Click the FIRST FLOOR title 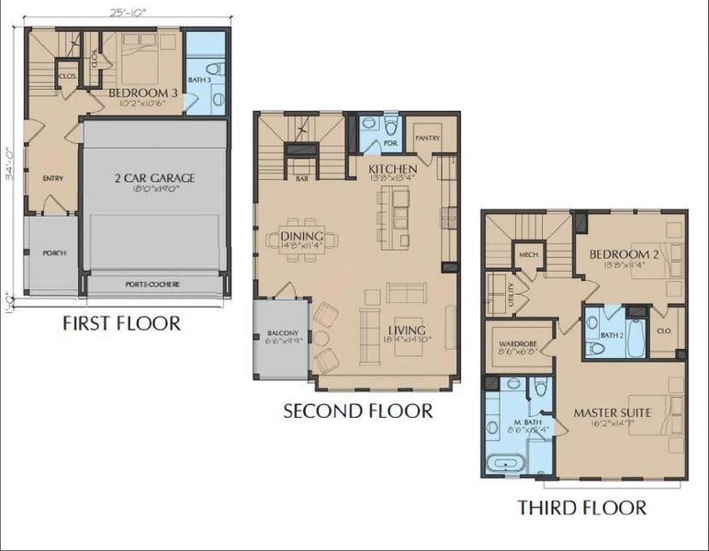[x=121, y=323]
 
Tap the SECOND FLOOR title [x=357, y=411]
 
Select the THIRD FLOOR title [x=581, y=507]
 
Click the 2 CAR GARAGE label [x=155, y=178]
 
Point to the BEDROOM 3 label [x=141, y=94]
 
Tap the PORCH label [x=54, y=253]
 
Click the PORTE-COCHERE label [x=152, y=284]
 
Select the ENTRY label [x=52, y=178]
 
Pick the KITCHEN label [x=393, y=170]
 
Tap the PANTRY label [x=428, y=139]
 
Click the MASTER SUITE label [x=613, y=413]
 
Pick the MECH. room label [x=528, y=254]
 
